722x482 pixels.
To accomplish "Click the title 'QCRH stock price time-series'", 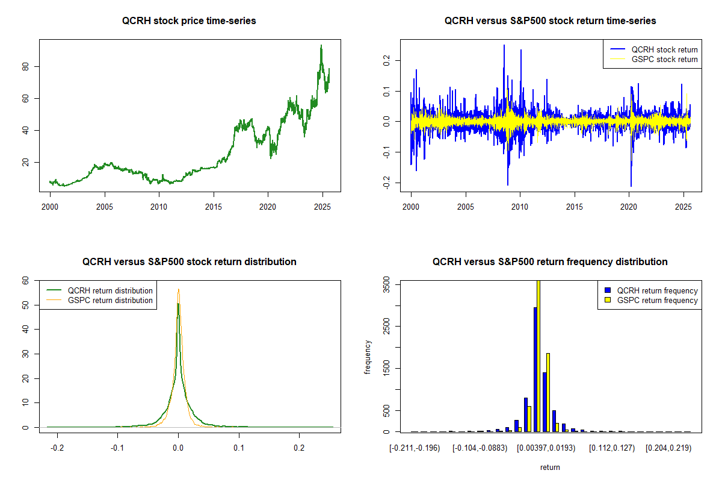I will click(x=189, y=21).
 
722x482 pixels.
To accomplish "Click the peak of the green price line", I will click(x=321, y=45).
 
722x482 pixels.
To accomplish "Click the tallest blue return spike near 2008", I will click(x=504, y=45).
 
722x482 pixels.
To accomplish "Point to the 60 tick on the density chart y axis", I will click(x=26, y=280).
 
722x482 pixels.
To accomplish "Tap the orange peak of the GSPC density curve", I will click(x=179, y=289).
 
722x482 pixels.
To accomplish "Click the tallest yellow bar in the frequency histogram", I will click(x=538, y=355).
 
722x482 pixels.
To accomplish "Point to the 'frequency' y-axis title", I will click(x=368, y=357).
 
